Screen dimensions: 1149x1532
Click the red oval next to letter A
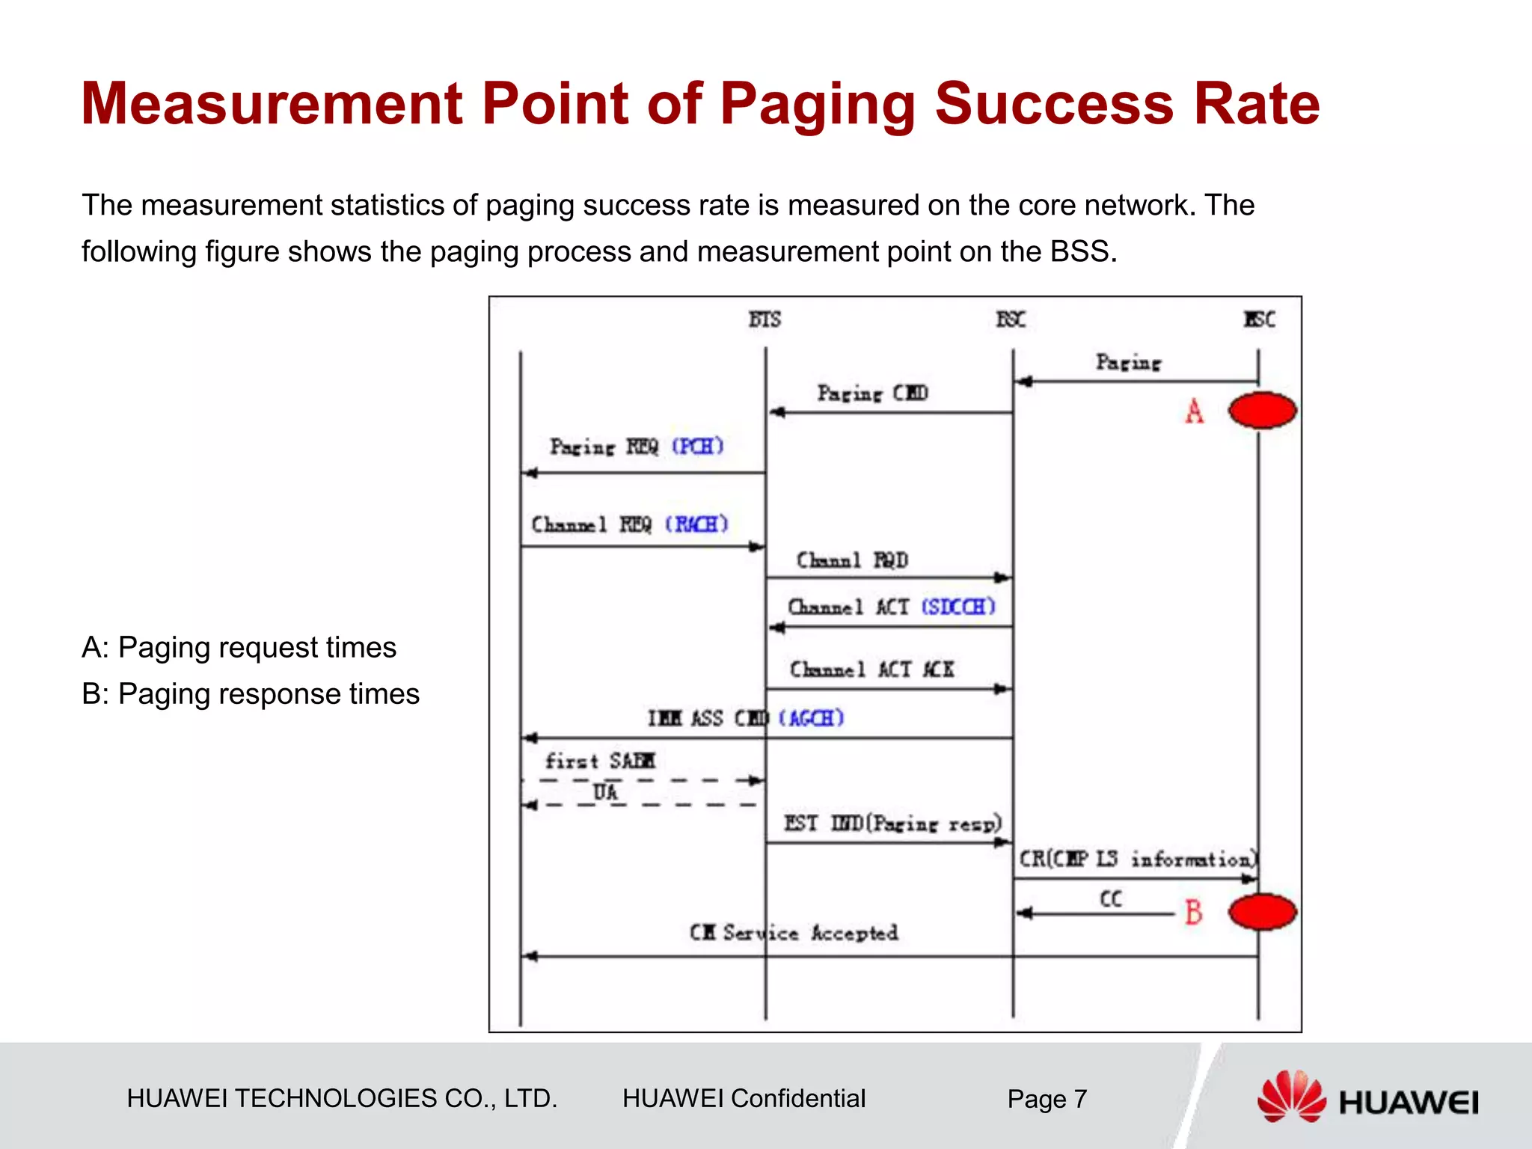tap(1262, 410)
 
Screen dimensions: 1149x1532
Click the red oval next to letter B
tap(1262, 912)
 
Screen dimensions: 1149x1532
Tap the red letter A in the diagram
tap(1195, 411)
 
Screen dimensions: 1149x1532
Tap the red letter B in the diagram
tap(1194, 912)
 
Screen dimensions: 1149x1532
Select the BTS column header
tap(765, 319)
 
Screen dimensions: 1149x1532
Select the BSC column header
tap(1011, 319)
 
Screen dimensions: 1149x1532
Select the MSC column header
tap(1259, 319)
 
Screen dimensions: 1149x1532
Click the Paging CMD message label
tap(872, 393)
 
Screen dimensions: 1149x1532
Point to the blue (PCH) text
tap(697, 447)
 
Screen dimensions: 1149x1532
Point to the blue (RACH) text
tap(696, 524)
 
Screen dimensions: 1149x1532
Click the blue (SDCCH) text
tap(958, 606)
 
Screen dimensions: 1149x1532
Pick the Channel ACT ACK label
tap(871, 669)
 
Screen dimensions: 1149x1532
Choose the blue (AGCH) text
tap(812, 718)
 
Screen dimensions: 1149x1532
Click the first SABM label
tap(600, 761)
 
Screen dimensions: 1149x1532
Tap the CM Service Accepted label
tap(794, 933)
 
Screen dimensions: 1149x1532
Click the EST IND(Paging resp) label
tap(892, 824)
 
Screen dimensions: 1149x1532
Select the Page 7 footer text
tap(1047, 1099)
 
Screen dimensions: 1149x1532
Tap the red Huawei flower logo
tap(1291, 1096)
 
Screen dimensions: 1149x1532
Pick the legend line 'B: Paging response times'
tap(251, 694)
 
